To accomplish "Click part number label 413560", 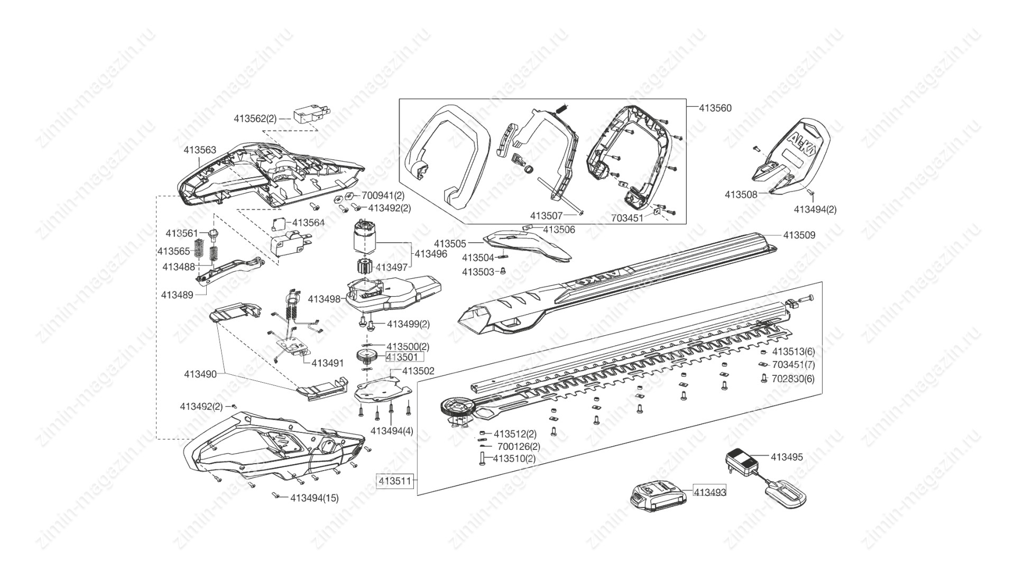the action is (715, 108).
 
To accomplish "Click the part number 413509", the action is (799, 235).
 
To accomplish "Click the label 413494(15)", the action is (315, 498).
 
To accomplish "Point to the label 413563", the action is (200, 150).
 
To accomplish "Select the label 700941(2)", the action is (383, 196).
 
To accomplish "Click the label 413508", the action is (741, 195).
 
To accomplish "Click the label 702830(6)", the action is (793, 379).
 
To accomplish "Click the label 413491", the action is (327, 363).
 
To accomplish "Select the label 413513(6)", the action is (793, 352).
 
